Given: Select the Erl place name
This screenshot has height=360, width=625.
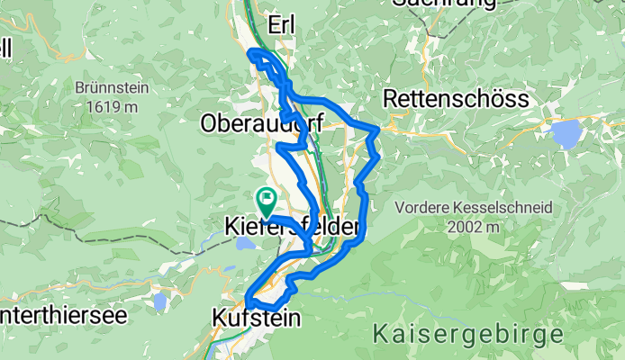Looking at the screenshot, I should pyautogui.click(x=282, y=23).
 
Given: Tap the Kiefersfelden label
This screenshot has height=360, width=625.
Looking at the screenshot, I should pyautogui.click(x=293, y=229).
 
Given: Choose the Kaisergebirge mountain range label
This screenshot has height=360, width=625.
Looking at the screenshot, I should pyautogui.click(x=469, y=336).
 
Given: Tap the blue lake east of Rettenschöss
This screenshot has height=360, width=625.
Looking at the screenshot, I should pyautogui.click(x=566, y=134).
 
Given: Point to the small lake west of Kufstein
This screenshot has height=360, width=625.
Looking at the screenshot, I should pyautogui.click(x=160, y=301).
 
